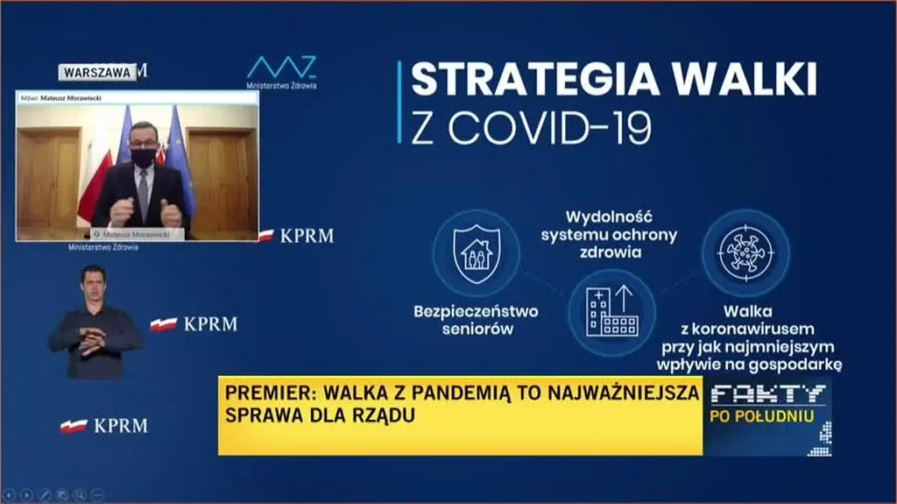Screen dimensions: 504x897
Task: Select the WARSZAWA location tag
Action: click(x=97, y=73)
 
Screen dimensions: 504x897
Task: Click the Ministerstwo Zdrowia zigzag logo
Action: click(x=281, y=68)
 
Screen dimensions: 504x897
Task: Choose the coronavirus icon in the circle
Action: click(x=745, y=252)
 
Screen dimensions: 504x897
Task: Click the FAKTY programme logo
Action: click(x=767, y=394)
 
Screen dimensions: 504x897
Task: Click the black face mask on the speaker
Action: click(x=144, y=158)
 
